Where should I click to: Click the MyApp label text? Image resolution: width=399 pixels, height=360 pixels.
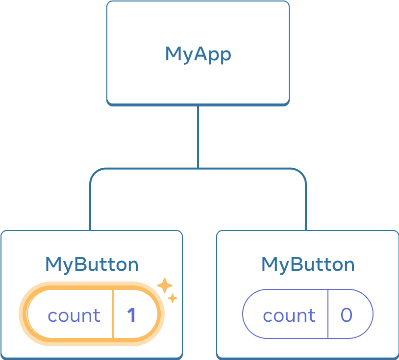point(198,54)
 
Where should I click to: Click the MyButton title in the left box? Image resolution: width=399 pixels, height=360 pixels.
point(92,264)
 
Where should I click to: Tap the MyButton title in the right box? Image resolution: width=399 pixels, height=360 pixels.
point(308,264)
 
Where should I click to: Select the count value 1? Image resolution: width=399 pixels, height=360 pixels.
point(131,315)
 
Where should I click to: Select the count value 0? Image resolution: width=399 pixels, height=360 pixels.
point(346,315)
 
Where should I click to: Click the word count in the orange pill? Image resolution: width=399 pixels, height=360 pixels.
point(74,315)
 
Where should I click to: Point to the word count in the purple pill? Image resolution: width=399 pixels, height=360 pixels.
point(289,315)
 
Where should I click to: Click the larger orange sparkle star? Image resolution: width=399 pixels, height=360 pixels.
point(164,285)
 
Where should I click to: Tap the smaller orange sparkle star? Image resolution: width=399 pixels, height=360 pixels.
point(173,298)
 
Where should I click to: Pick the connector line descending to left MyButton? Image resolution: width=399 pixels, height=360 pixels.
point(91,206)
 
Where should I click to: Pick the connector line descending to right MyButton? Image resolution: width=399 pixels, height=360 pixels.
point(306,206)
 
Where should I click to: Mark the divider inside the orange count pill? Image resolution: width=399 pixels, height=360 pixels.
point(113,314)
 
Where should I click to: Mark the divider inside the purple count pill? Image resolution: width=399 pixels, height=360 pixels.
point(328,314)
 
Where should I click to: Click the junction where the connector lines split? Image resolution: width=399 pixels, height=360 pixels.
point(198,169)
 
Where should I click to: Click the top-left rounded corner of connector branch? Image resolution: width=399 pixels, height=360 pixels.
point(94,173)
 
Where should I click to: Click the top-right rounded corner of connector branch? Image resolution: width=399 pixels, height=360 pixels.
point(302,173)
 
